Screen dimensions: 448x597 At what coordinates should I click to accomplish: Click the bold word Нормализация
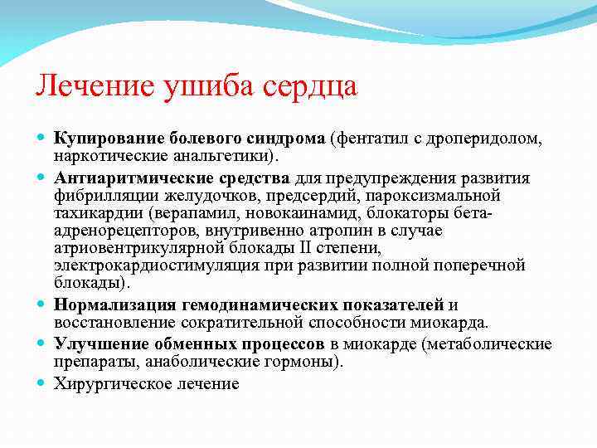tap(105, 304)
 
